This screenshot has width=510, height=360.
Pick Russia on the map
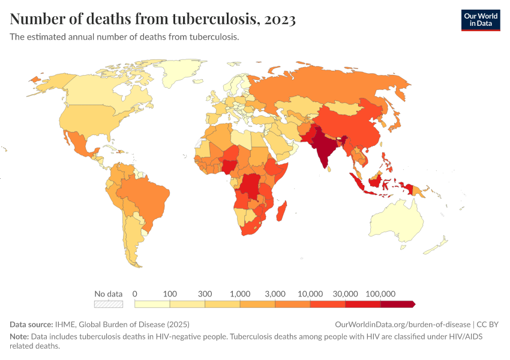click(336, 90)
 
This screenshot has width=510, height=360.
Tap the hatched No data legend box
click(109, 304)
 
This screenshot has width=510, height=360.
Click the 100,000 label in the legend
click(380, 293)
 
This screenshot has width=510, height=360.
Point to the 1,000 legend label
click(240, 293)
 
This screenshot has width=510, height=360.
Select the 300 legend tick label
click(205, 293)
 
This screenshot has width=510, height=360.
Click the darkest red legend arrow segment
click(398, 304)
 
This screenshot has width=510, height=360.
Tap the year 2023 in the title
click(278, 19)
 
